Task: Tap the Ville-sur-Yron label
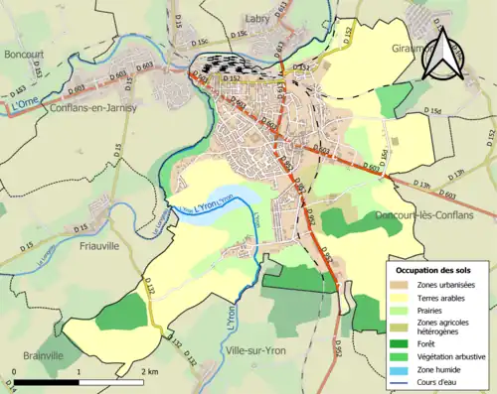click(x=258, y=350)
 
